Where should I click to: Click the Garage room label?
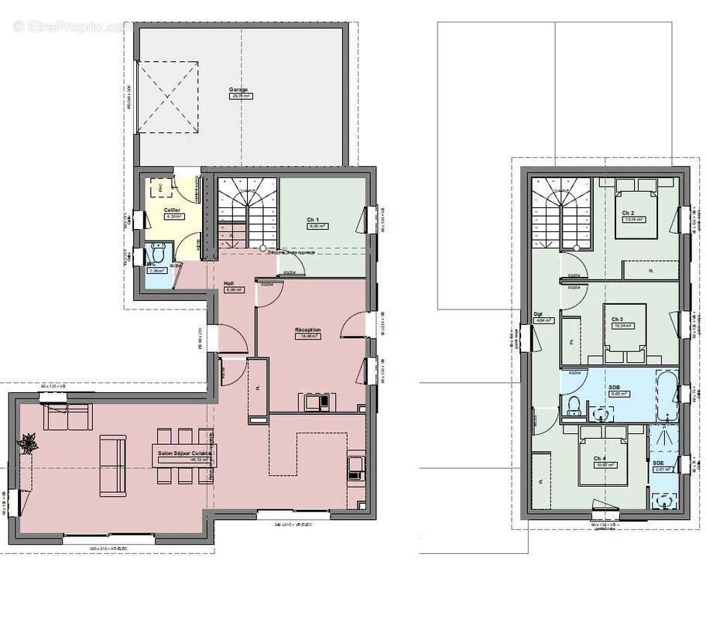(238, 90)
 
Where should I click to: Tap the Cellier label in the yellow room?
(172, 210)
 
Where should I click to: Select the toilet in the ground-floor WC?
(159, 253)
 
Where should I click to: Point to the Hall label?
(229, 283)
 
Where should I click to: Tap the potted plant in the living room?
(29, 443)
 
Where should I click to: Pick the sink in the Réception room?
(316, 402)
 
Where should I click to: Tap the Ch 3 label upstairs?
(617, 319)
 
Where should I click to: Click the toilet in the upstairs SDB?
(574, 405)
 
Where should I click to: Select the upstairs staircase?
(558, 209)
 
